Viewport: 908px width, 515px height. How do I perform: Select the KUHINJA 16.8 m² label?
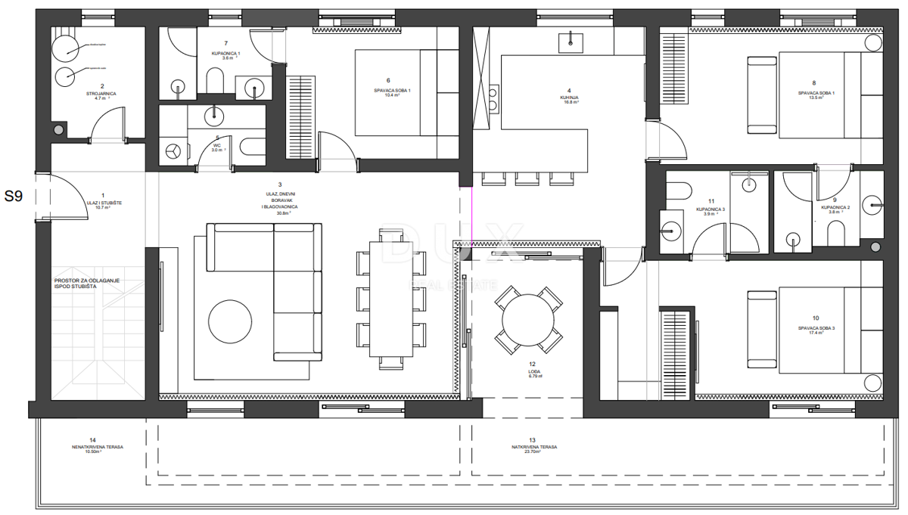pos(569,98)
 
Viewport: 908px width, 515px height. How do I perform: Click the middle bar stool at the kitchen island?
pos(527,178)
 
